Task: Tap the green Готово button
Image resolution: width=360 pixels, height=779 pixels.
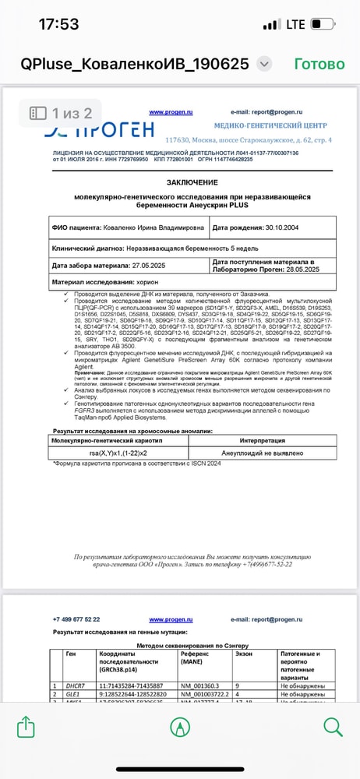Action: (x=320, y=64)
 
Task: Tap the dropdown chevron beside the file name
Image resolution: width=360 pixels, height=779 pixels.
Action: (x=264, y=64)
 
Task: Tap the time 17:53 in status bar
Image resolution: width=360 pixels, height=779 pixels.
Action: (x=58, y=24)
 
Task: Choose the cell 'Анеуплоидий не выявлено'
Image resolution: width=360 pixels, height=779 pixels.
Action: (x=262, y=453)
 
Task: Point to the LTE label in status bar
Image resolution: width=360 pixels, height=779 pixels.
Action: (x=295, y=24)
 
